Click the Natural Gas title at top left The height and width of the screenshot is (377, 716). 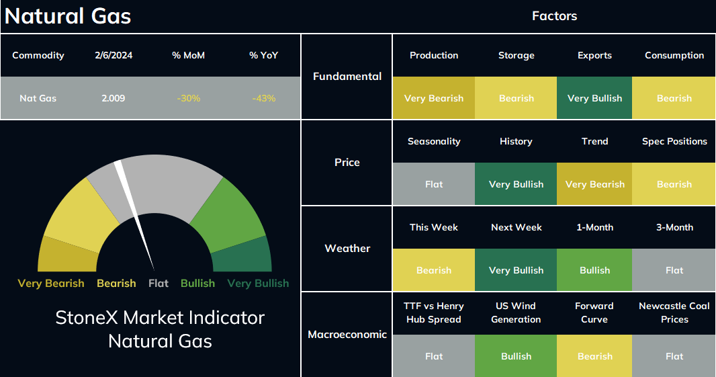68,16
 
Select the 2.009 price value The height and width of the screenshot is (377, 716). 114,98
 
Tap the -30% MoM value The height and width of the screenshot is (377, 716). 189,98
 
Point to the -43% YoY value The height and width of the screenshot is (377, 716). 264,98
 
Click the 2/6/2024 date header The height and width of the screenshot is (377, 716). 114,55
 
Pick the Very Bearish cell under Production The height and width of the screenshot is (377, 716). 434,98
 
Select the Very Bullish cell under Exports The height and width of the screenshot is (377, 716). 594,98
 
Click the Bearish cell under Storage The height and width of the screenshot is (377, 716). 516,98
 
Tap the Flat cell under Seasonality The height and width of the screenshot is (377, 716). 434,183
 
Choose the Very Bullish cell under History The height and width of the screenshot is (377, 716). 516,183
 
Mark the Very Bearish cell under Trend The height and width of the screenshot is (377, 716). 594,183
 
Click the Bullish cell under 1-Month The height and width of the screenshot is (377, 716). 594,269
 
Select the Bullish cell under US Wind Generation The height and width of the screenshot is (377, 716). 516,355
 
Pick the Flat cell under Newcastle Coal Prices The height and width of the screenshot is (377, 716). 674,355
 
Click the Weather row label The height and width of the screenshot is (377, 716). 347,248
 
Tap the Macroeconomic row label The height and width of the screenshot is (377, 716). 347,335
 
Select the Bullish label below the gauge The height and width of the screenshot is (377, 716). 197,284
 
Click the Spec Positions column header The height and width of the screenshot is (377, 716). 674,141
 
